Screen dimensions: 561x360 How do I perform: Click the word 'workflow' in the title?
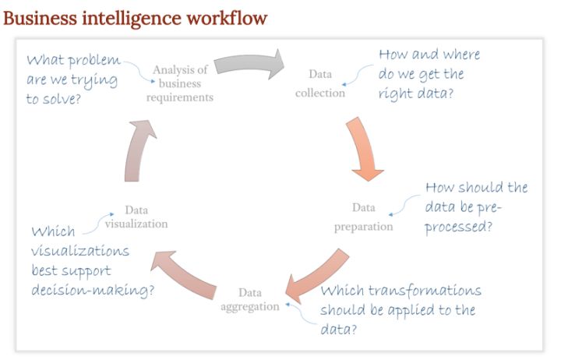coord(227,18)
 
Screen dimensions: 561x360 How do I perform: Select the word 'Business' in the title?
coord(40,18)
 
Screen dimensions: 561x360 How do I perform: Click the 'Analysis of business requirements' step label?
coord(180,83)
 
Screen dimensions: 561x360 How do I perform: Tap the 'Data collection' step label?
coord(320,83)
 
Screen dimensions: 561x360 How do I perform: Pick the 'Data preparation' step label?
coord(364,217)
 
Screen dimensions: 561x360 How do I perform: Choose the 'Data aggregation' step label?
coord(250,299)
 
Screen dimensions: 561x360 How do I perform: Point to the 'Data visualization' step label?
coord(136,217)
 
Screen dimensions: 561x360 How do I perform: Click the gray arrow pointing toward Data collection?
coord(250,63)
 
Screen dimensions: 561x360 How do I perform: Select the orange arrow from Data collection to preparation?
coord(364,149)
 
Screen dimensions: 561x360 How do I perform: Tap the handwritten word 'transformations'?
coord(425,290)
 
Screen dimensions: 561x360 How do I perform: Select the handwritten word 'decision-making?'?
coord(93,290)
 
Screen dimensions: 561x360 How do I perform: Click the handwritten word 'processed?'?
coord(459,228)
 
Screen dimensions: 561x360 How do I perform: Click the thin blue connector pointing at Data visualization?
coord(98,224)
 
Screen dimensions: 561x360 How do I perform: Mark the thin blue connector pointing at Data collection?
coord(357,75)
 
